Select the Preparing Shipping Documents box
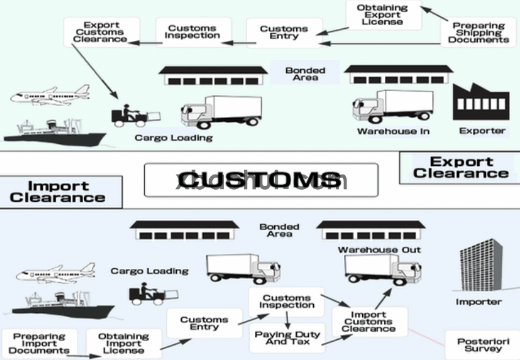point(478,32)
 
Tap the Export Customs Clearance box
point(101,32)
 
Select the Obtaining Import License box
point(124,343)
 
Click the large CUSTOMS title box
point(261,180)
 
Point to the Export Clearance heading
point(460,167)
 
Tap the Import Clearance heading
point(58,192)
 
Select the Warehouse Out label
point(379,250)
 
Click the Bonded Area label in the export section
point(305,74)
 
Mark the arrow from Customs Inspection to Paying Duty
point(287,319)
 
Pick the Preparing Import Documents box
point(39,343)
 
